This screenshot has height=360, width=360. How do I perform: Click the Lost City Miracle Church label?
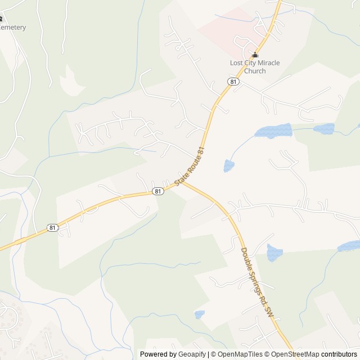click(x=255, y=67)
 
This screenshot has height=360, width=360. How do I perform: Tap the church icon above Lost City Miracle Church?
click(x=255, y=55)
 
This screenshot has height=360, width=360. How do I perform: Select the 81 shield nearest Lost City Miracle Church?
click(x=232, y=82)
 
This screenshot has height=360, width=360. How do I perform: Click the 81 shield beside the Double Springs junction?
click(x=158, y=191)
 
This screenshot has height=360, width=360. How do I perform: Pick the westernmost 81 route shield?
click(x=52, y=228)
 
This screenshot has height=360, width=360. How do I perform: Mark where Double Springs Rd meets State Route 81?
click(x=183, y=181)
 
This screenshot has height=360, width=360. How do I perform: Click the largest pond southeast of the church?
click(x=273, y=132)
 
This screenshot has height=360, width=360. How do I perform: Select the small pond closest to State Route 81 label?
click(x=228, y=165)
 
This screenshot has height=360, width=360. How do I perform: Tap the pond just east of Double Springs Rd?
click(x=274, y=253)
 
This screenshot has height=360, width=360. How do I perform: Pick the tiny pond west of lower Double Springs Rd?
click(x=199, y=314)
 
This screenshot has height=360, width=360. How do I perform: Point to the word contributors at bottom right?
click(x=340, y=354)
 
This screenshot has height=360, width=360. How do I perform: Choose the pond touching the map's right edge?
click(x=350, y=246)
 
